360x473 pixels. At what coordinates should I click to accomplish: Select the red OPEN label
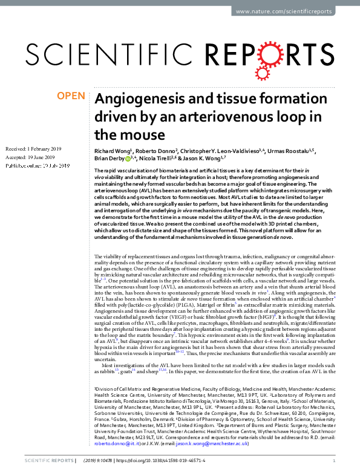tap(71, 96)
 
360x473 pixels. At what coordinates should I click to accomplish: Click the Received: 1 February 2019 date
tap(32, 148)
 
